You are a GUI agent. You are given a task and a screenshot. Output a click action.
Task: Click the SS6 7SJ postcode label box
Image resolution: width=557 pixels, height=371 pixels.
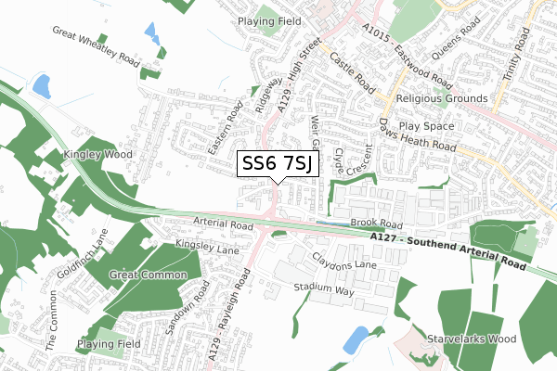tap(279, 164)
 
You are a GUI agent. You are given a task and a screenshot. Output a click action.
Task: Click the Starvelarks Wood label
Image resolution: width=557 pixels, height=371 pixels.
tap(471, 339)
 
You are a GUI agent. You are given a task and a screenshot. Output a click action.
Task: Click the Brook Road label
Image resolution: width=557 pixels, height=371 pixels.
tap(377, 224)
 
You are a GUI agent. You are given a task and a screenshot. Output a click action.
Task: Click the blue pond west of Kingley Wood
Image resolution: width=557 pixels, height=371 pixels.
tap(42, 86)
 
